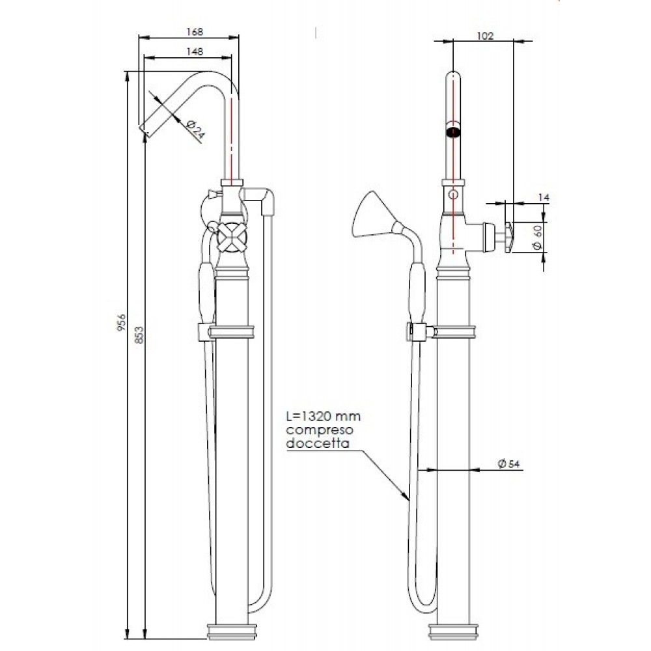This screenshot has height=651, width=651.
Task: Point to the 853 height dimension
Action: pyautogui.click(x=137, y=333)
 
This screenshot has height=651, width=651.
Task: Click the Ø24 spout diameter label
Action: pyautogui.click(x=196, y=129)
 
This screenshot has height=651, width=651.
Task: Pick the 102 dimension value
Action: pyautogui.click(x=486, y=36)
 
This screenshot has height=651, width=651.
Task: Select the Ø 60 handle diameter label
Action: pyautogui.click(x=537, y=236)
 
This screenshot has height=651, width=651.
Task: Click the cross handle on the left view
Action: pyautogui.click(x=232, y=236)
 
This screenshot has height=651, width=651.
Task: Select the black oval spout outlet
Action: pyautogui.click(x=454, y=132)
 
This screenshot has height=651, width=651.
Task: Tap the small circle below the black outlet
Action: pyautogui.click(x=454, y=194)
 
